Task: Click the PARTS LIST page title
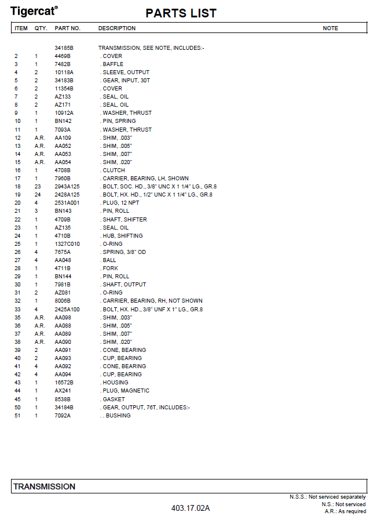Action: [x=181, y=13]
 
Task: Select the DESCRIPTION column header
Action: [x=117, y=28]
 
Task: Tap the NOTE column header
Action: [x=330, y=28]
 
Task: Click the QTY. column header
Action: [x=41, y=28]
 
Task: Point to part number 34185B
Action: [x=64, y=48]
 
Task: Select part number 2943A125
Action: [x=67, y=187]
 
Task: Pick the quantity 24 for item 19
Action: [x=38, y=195]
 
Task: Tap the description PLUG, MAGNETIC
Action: [x=126, y=391]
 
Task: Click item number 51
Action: [x=17, y=416]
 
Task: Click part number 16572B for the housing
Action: [x=64, y=383]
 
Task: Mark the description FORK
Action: [x=110, y=268]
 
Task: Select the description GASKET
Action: [x=114, y=399]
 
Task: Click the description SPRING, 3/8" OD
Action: [x=124, y=252]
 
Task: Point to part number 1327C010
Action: [x=67, y=244]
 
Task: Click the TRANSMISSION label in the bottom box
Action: [x=45, y=486]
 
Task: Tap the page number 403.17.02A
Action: [x=190, y=509]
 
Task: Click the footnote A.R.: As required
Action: [x=345, y=511]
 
